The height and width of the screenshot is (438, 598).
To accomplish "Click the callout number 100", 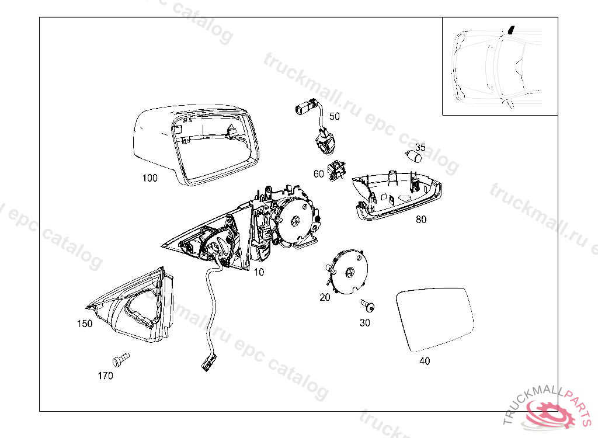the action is pyautogui.click(x=149, y=178).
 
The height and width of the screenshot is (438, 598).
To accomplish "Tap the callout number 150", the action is pyautogui.click(x=85, y=324).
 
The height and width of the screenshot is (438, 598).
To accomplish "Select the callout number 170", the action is pyautogui.click(x=105, y=376).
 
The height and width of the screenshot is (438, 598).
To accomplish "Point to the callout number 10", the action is pyautogui.click(x=259, y=272).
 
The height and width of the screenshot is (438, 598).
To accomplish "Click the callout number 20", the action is pyautogui.click(x=325, y=297).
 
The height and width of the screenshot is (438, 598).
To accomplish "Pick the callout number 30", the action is pyautogui.click(x=364, y=322).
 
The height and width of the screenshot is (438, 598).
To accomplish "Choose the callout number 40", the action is pyautogui.click(x=425, y=361).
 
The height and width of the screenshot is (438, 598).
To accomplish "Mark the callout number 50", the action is pyautogui.click(x=334, y=116).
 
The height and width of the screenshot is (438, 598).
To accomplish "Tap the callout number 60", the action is pyautogui.click(x=318, y=173).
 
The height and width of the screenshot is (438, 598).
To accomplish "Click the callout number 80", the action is pyautogui.click(x=421, y=220).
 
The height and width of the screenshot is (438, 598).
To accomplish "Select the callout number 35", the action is pyautogui.click(x=420, y=147).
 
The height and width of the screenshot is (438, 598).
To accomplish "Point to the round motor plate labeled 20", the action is pyautogui.click(x=349, y=272).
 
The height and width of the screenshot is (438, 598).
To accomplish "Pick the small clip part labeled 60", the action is pyautogui.click(x=335, y=169).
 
